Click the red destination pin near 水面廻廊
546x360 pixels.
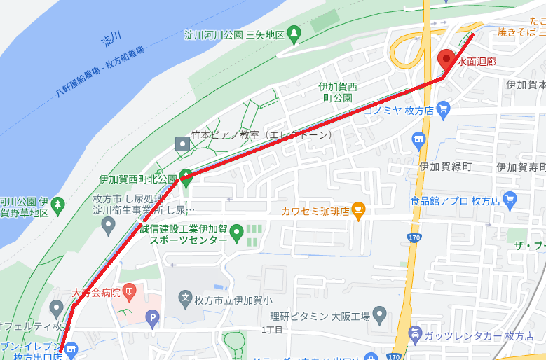[x=446, y=59]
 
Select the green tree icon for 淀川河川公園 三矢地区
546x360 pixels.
[x=295, y=32]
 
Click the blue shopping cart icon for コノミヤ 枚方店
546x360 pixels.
[x=442, y=109]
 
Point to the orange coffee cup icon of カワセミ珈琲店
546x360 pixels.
[x=359, y=209]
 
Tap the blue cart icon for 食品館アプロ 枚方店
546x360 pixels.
[x=510, y=199]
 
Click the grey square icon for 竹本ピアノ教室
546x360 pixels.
[x=183, y=144]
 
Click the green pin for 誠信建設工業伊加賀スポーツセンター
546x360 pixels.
[x=237, y=230]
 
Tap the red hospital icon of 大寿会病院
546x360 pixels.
[x=128, y=290]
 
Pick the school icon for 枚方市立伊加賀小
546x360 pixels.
[x=185, y=298]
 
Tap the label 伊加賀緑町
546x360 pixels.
[x=444, y=167]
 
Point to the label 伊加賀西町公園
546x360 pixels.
[x=338, y=92]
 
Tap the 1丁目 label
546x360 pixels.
[x=272, y=329]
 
